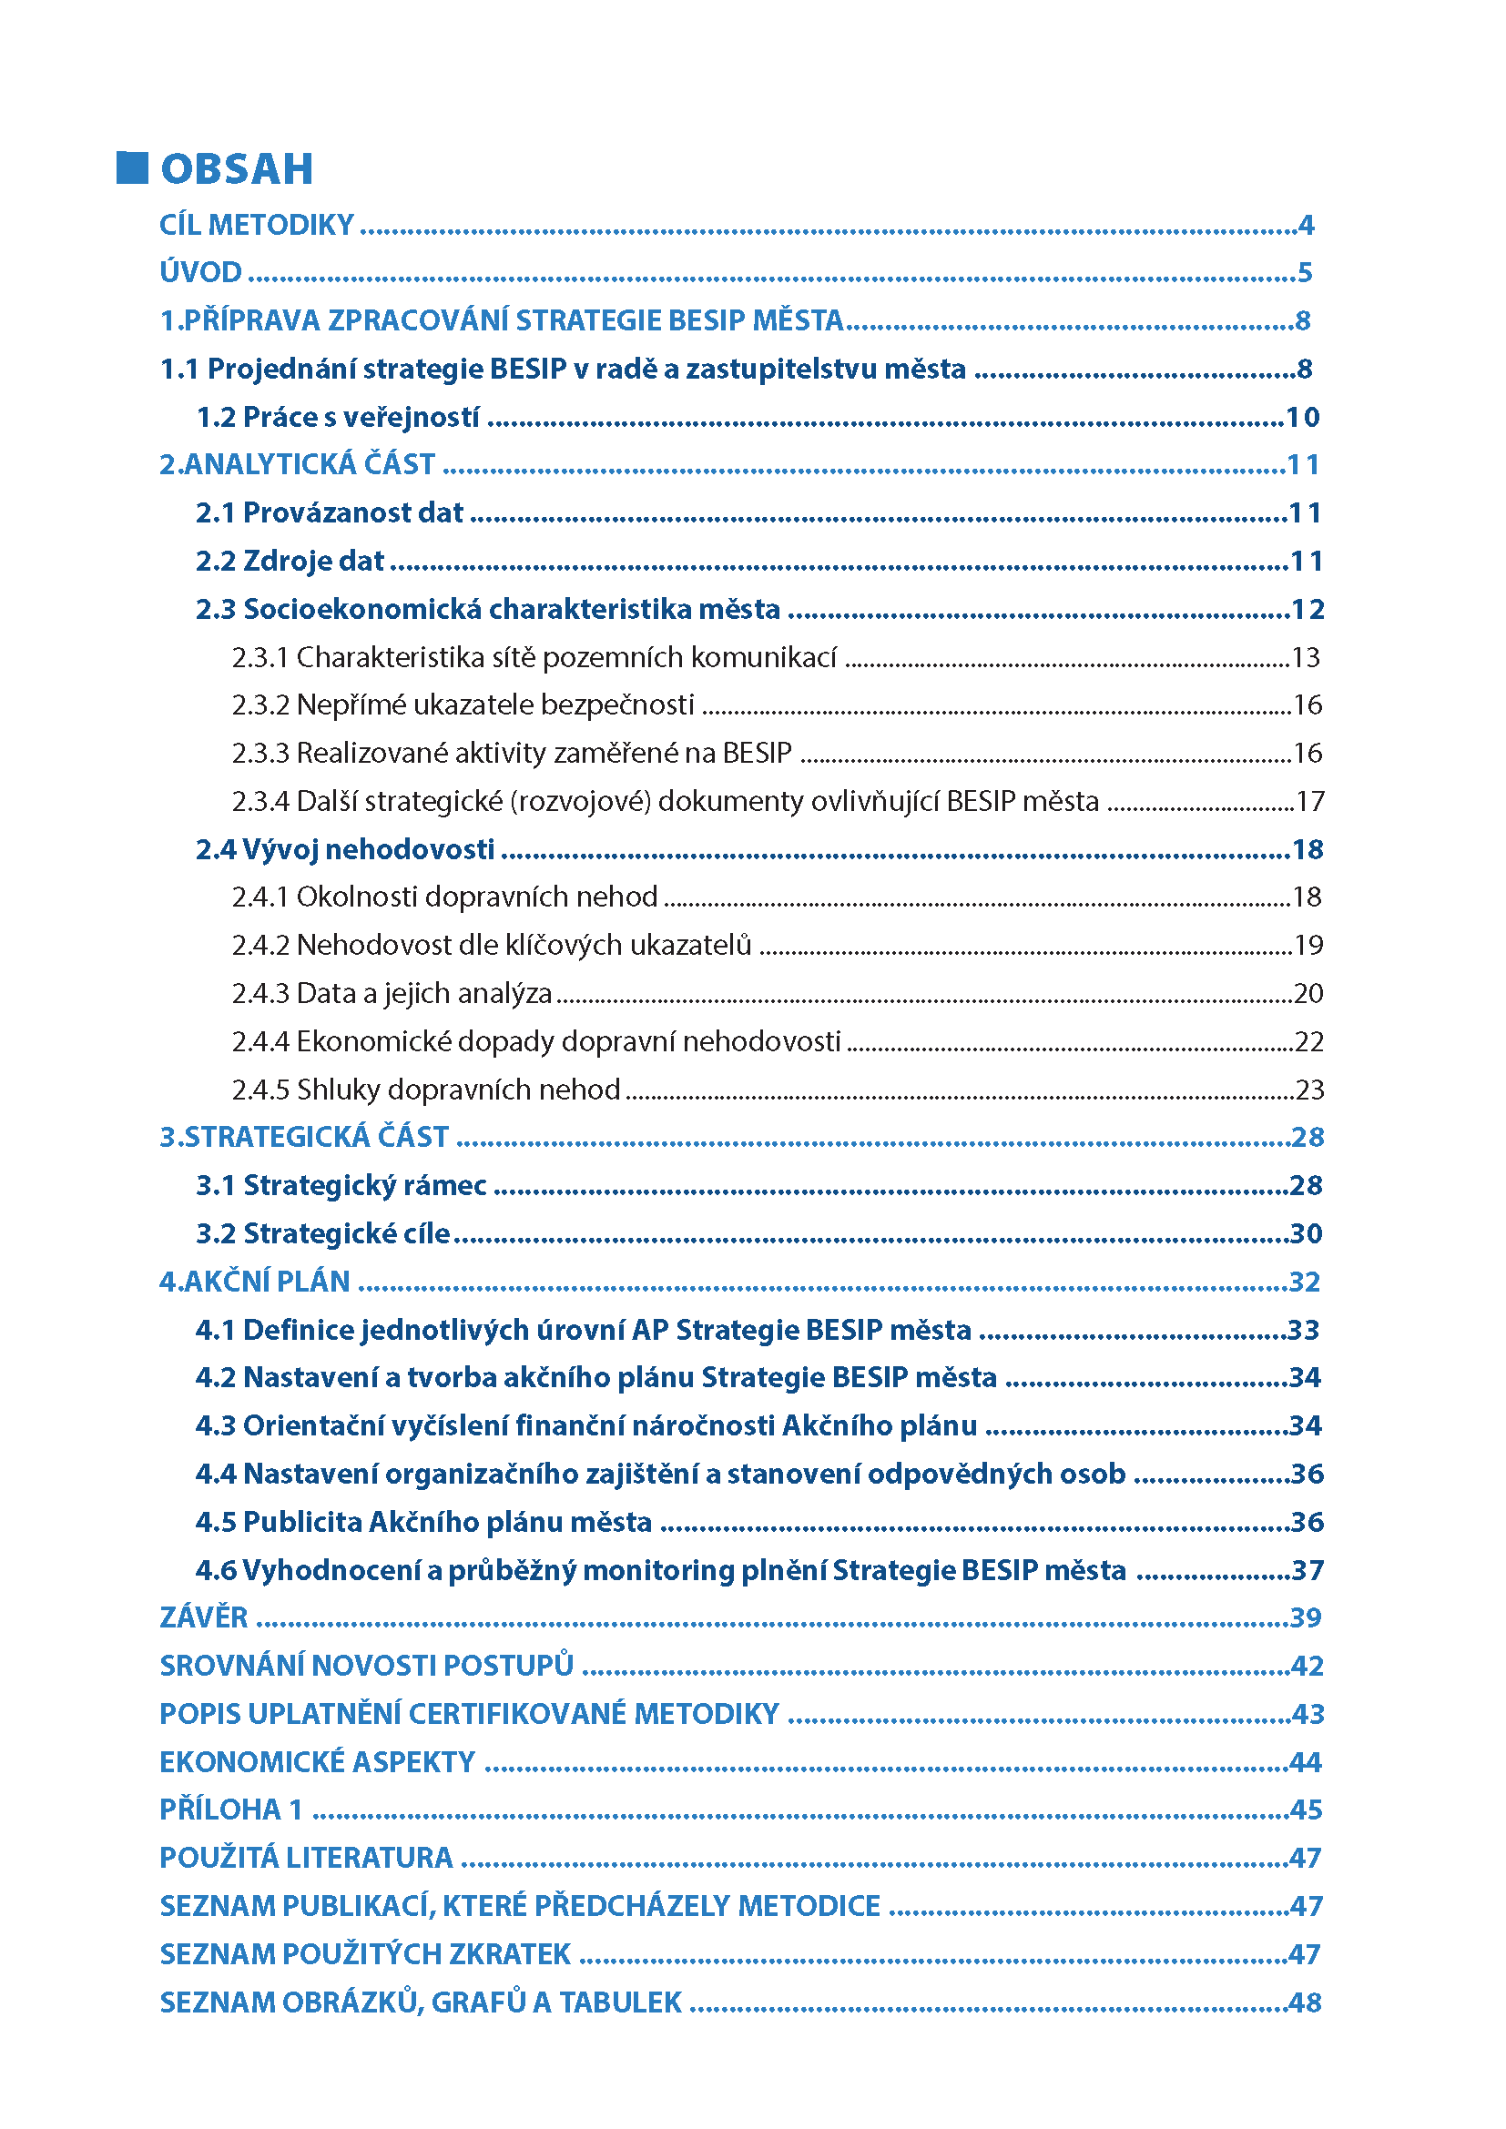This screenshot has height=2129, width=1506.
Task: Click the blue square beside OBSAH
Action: [x=132, y=167]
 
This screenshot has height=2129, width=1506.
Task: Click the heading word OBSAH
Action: [x=237, y=169]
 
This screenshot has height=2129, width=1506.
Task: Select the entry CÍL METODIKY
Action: [x=257, y=225]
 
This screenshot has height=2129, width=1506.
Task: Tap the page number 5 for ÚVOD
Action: [x=1305, y=273]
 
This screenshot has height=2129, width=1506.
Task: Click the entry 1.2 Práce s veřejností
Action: [x=338, y=417]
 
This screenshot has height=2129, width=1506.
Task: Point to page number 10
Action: [x=1302, y=417]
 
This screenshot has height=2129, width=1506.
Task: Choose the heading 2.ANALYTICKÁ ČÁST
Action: [x=297, y=463]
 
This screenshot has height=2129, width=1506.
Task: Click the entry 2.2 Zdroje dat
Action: [x=290, y=561]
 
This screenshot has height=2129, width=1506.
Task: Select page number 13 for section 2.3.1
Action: [x=1306, y=657]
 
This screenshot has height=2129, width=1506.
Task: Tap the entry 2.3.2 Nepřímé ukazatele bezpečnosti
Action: [x=463, y=705]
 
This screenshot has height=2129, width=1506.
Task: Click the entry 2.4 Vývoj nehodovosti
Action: [x=345, y=849]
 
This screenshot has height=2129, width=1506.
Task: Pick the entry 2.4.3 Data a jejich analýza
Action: [x=392, y=993]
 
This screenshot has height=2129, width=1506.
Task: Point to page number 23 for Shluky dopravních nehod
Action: [x=1308, y=1090]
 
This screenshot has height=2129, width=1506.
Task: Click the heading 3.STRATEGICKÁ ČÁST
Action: [x=304, y=1137]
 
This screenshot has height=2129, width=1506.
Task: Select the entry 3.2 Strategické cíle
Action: [x=322, y=1233]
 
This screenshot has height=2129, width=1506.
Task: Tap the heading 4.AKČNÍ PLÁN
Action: [x=255, y=1282]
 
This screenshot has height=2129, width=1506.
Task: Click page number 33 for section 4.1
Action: [x=1304, y=1330]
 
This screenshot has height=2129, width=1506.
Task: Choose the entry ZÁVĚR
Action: [x=204, y=1617]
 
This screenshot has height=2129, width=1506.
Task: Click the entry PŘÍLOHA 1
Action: [x=232, y=1810]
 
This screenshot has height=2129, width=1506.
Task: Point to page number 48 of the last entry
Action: [x=1305, y=2002]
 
